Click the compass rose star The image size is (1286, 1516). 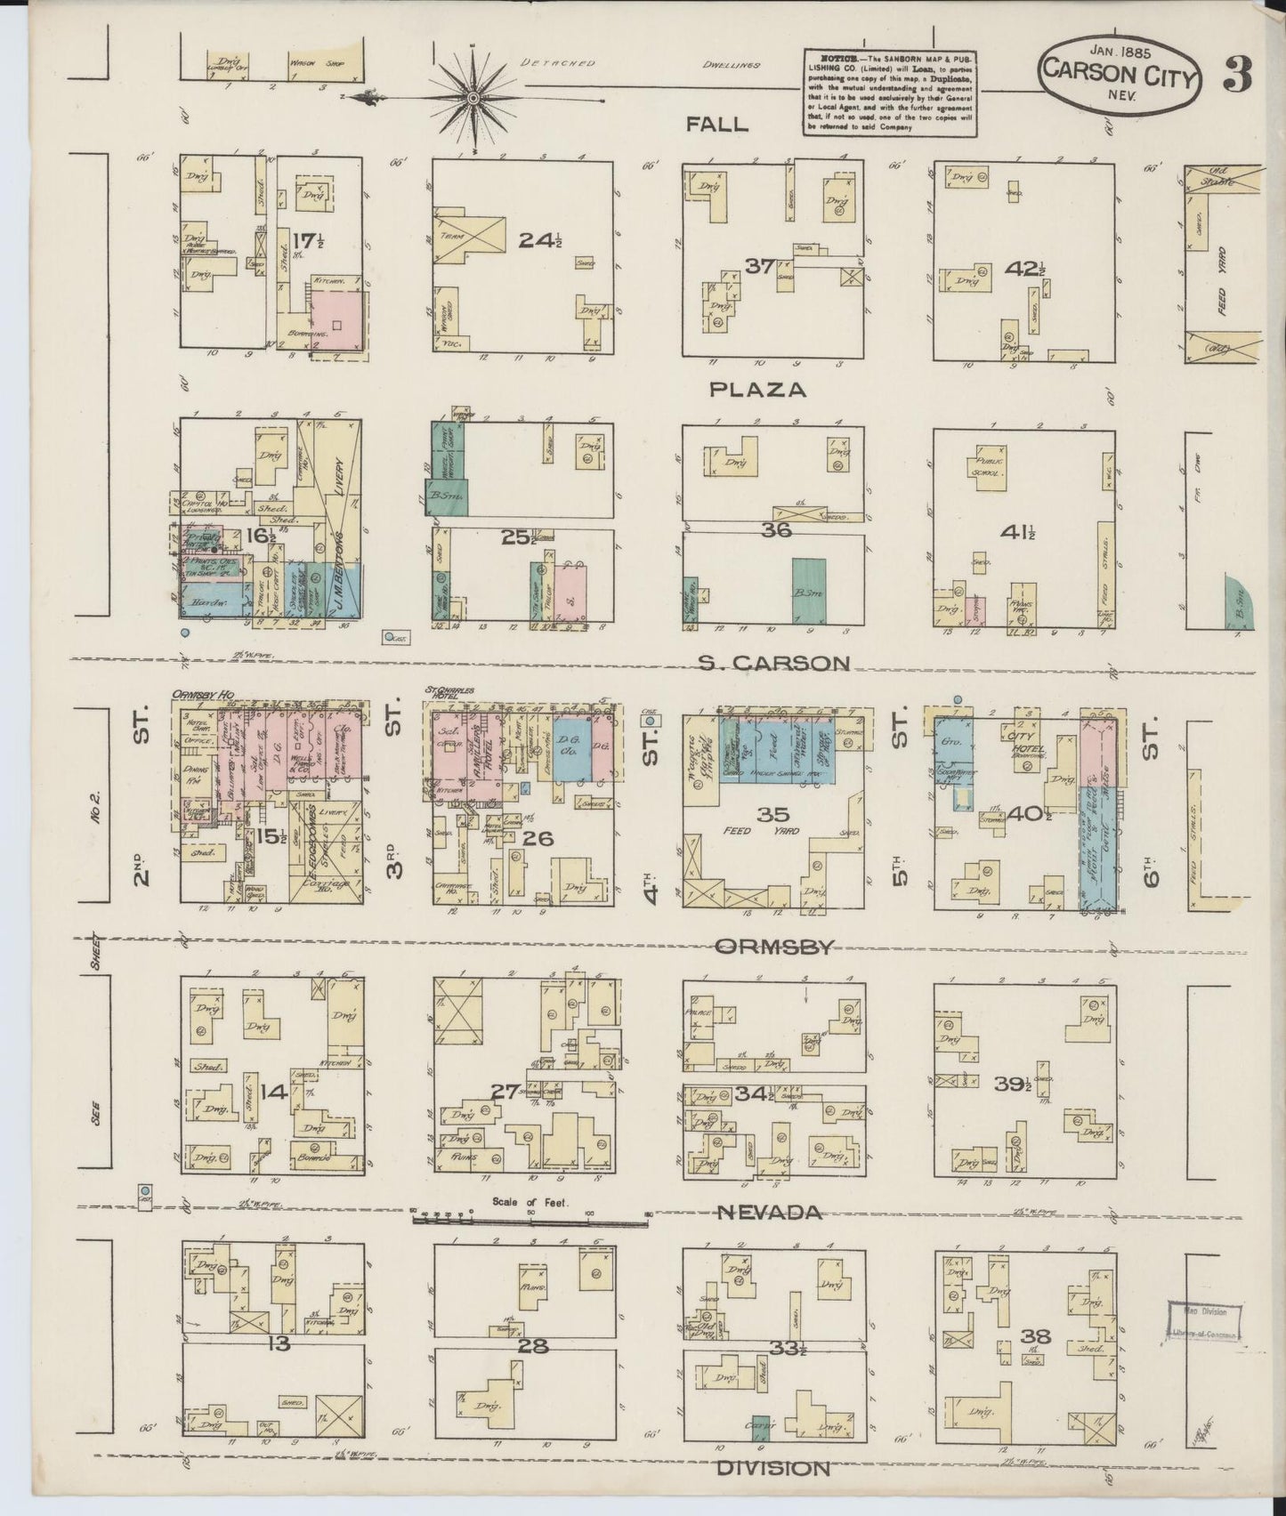coord(473,96)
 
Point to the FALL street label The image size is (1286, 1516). coord(716,125)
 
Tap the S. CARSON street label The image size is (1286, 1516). coord(774,663)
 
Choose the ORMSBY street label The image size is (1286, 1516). coord(774,947)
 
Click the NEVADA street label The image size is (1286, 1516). coord(771,1213)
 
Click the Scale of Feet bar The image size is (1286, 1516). coord(531,1220)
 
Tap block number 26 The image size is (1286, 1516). coord(539,837)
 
